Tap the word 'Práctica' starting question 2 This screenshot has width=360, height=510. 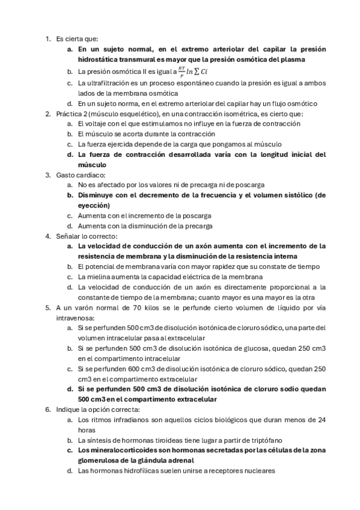pos(72,113)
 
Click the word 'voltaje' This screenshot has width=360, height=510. pos(98,123)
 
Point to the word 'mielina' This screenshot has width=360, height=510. pos(101,277)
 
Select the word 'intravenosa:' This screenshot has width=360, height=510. pos(75,318)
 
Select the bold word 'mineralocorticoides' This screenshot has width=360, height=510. pos(124,450)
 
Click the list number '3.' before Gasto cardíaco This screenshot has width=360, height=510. pos(48,175)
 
